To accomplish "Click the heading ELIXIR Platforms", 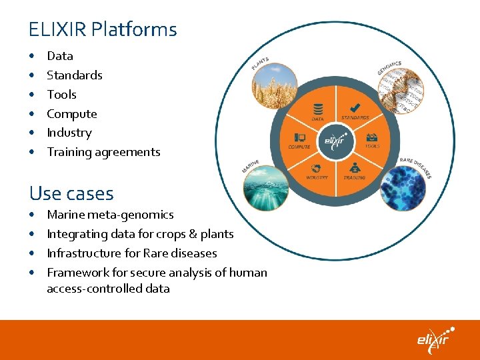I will tap(103, 29).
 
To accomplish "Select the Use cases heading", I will tap(71, 193).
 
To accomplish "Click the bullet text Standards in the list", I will tap(75, 75).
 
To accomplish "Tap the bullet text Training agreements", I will tap(103, 152).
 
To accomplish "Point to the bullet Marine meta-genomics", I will tap(110, 215).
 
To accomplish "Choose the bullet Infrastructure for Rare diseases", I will tap(131, 253).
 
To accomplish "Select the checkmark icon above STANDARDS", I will tap(355, 107).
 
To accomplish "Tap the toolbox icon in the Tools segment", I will tap(372, 136).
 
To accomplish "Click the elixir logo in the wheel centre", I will tap(335, 141).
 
